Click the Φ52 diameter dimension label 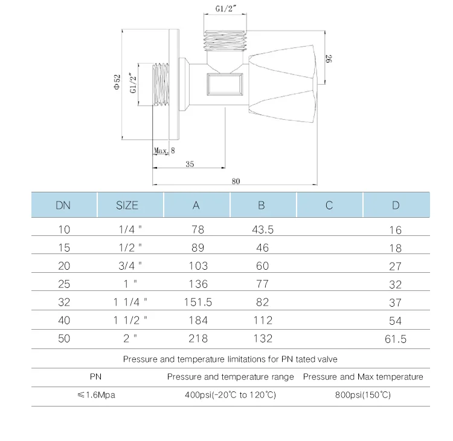click(x=118, y=82)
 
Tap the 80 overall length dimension click(x=235, y=180)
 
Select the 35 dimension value click(x=190, y=164)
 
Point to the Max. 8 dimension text click(x=164, y=150)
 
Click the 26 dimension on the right click(x=329, y=59)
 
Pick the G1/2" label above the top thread click(x=225, y=9)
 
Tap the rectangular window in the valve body click(x=225, y=83)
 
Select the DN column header click(x=63, y=205)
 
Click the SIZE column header click(x=127, y=205)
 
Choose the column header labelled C click(x=329, y=205)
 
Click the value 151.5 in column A click(x=198, y=302)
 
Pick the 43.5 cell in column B click(x=262, y=230)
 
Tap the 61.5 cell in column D click(x=396, y=339)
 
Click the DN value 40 click(x=64, y=320)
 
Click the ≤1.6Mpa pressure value click(x=96, y=395)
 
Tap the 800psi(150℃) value click(x=363, y=395)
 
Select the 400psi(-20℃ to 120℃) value click(x=230, y=395)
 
